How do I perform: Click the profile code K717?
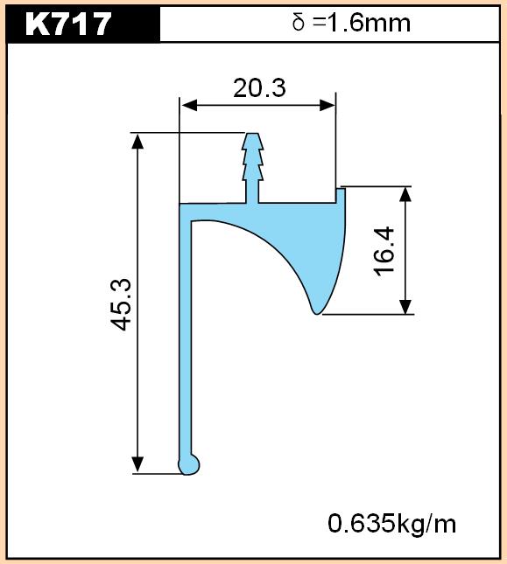click(68, 24)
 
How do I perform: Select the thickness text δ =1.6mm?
click(351, 24)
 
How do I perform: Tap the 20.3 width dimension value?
click(259, 88)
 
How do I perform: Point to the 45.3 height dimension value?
click(121, 304)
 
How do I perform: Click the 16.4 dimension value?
click(384, 252)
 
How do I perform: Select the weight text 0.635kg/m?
click(391, 524)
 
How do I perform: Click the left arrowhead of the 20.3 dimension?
click(189, 106)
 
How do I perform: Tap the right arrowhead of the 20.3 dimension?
click(327, 106)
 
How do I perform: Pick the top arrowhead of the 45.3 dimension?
click(137, 141)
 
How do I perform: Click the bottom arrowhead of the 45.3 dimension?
click(137, 464)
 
